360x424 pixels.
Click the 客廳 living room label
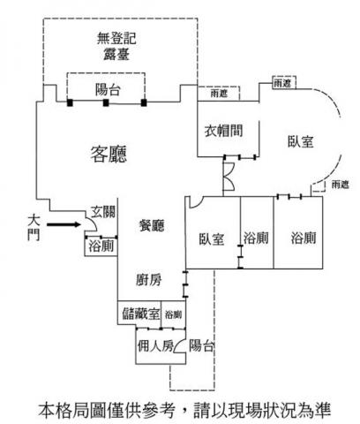tap(109, 154)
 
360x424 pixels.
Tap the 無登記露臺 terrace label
tap(116, 46)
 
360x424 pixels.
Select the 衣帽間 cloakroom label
tap(224, 131)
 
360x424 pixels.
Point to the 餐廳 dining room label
tap(152, 225)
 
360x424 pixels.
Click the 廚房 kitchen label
tap(149, 280)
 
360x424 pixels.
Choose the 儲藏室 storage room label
tap(141, 314)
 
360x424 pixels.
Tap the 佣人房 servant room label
tap(155, 345)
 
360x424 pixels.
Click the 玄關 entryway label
tap(103, 212)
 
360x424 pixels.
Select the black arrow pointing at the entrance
tap(64, 224)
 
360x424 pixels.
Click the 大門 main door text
tap(34, 228)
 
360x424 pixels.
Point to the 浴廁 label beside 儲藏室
tap(173, 314)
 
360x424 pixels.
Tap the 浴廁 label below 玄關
tap(101, 246)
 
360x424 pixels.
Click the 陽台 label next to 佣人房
tap(201, 345)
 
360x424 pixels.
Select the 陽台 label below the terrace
tap(108, 89)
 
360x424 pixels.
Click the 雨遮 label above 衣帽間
tap(219, 94)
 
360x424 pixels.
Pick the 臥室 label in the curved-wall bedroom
tap(301, 141)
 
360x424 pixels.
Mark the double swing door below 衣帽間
tap(229, 176)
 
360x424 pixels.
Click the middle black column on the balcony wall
tap(106, 102)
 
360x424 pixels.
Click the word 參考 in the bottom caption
tap(159, 410)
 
